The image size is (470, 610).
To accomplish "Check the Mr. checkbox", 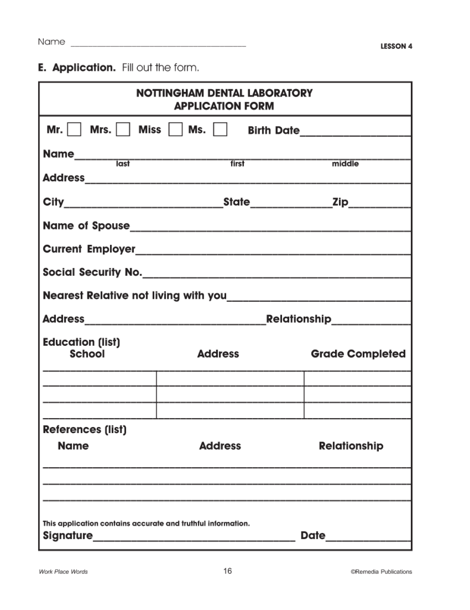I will [74, 130].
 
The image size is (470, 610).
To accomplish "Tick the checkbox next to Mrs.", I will [123, 130].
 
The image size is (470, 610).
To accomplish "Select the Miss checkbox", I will [175, 130].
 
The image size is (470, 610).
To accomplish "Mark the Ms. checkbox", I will [220, 130].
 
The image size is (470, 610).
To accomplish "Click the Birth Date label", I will [274, 130].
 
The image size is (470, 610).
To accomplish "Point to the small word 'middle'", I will [345, 164].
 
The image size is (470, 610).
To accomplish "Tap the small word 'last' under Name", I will [123, 164].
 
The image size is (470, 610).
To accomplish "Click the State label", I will [236, 202].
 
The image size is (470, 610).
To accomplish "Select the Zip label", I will [340, 202].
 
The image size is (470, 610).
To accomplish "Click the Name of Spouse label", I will [86, 226].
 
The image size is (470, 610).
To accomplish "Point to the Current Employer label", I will [89, 249].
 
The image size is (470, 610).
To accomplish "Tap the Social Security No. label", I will [92, 272].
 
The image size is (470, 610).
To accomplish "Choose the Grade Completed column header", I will [358, 354].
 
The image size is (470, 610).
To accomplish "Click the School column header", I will [87, 354].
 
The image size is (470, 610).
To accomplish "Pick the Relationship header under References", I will [351, 446].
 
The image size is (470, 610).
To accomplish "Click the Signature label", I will [68, 535].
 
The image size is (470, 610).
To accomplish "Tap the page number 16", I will [227, 571].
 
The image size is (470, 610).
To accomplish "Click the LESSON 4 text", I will [396, 46].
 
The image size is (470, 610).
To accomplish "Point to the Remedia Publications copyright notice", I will [381, 572].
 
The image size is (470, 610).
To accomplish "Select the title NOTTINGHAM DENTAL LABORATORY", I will [224, 93].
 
